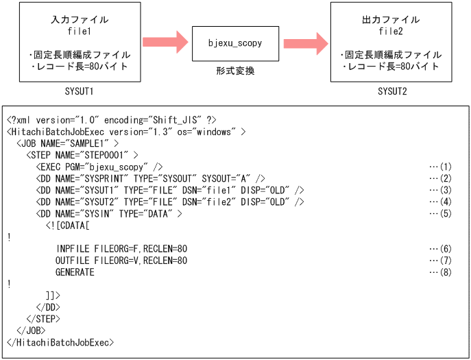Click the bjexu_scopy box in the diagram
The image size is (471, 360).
[x=235, y=44]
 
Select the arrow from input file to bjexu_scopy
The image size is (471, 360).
[x=165, y=43]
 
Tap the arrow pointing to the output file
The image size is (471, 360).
[x=305, y=43]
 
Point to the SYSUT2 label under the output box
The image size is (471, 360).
[x=391, y=91]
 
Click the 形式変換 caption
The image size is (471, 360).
[x=235, y=71]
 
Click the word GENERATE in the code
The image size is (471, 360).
[x=75, y=272]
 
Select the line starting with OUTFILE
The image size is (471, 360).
[x=121, y=261]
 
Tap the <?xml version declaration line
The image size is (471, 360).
[x=112, y=119]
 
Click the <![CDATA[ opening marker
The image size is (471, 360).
[x=68, y=225]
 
